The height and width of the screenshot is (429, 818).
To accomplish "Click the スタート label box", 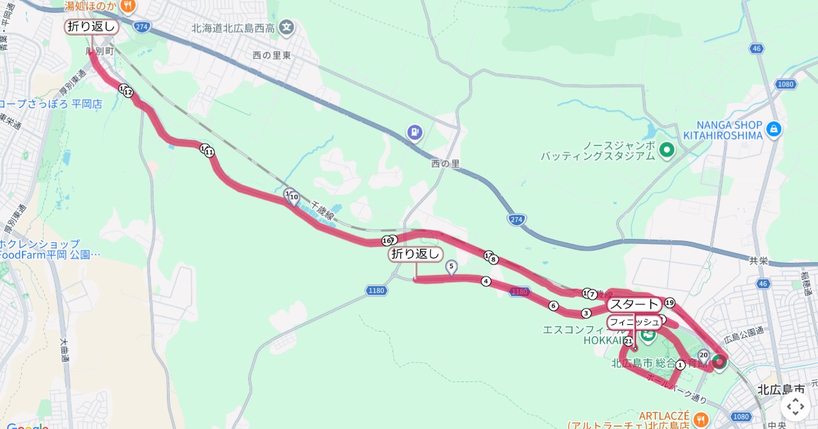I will click(634, 304).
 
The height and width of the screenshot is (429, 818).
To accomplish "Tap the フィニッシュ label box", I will click(634, 321).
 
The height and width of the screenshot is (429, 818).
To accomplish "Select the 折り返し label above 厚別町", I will click(92, 27).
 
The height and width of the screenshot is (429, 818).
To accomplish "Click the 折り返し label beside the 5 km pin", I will click(415, 254).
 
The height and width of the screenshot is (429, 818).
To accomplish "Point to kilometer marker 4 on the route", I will click(486, 281).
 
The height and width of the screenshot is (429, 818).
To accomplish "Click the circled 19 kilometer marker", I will click(669, 302).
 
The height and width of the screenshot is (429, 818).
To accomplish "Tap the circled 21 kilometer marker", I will click(628, 340).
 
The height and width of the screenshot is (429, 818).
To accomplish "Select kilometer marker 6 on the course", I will click(554, 306).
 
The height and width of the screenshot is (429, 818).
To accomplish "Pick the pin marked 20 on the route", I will click(703, 354).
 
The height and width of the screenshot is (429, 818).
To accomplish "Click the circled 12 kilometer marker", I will click(128, 93).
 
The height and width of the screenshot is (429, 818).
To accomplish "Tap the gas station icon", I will click(414, 133).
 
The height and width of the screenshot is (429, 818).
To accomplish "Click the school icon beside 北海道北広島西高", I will click(288, 29).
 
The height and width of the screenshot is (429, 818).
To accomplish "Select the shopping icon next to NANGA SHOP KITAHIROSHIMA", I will click(773, 128).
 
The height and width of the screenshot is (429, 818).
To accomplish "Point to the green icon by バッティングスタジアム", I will click(667, 150).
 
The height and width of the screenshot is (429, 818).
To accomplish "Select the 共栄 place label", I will click(759, 261).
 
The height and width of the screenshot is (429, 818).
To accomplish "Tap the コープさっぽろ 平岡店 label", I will click(50, 104).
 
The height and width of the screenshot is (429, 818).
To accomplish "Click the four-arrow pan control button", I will click(796, 407).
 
